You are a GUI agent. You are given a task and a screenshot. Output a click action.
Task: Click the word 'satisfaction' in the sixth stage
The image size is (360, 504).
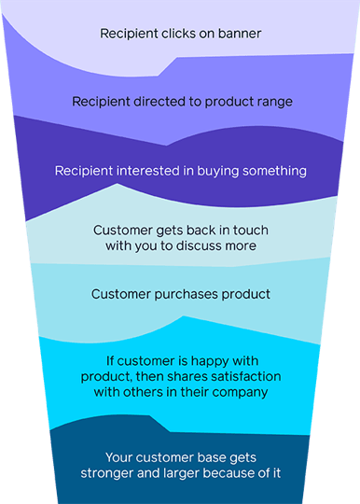coord(235,375)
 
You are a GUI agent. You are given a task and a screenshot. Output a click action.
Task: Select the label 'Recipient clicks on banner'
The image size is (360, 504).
coord(180,35)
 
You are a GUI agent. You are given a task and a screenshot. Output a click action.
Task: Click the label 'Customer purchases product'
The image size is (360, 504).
coord(180,295)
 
